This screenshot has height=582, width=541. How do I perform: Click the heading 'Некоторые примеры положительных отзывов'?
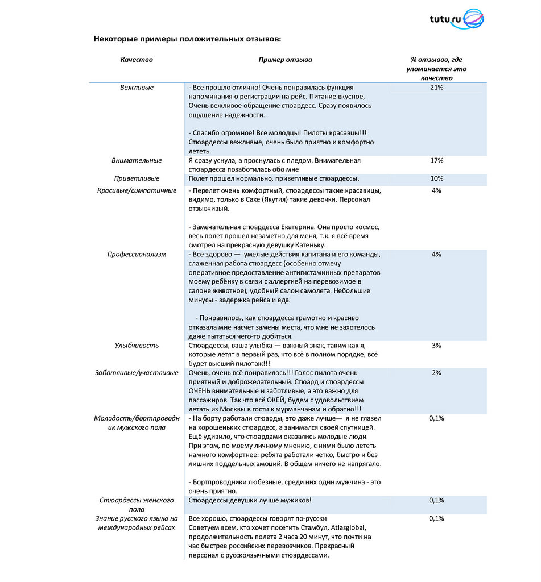pyautogui.click(x=187, y=39)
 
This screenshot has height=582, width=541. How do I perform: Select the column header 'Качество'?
pyautogui.click(x=137, y=59)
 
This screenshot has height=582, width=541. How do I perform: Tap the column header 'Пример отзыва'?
pyautogui.click(x=285, y=59)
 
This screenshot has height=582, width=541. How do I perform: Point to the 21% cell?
pyautogui.click(x=437, y=88)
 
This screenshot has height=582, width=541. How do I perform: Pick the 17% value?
pyautogui.click(x=437, y=161)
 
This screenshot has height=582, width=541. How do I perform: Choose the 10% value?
pyautogui.click(x=437, y=178)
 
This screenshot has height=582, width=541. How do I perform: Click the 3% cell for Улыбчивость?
pyautogui.click(x=437, y=346)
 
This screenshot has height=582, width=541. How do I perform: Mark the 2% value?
pyautogui.click(x=437, y=373)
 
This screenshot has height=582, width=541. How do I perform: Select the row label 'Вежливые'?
pyautogui.click(x=137, y=88)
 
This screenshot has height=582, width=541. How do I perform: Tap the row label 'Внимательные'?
pyautogui.click(x=137, y=161)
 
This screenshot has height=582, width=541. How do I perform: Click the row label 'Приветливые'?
pyautogui.click(x=137, y=178)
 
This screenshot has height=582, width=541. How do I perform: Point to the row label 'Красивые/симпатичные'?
pyautogui.click(x=137, y=190)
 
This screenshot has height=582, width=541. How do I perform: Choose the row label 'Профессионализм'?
pyautogui.click(x=137, y=254)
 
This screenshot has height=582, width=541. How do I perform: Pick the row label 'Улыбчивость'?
pyautogui.click(x=137, y=346)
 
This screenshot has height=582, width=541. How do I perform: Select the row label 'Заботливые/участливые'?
pyautogui.click(x=137, y=373)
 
